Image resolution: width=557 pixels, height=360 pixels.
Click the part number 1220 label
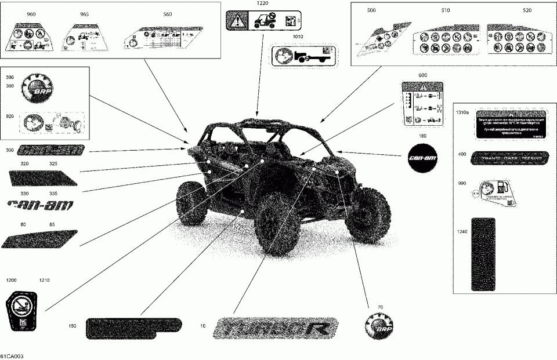[255, 3]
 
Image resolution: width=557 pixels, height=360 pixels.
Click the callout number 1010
[298, 36]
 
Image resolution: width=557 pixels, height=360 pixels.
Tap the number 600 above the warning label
[422, 76]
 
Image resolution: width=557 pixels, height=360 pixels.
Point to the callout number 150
[72, 326]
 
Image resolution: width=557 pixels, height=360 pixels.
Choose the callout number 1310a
[462, 112]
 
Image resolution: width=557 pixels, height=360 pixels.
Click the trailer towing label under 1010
[305, 57]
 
